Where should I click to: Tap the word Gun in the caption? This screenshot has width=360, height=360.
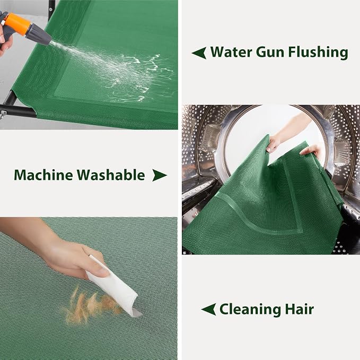point(270,52)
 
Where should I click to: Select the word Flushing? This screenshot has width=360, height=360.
point(318,52)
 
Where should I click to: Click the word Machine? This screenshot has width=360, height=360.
point(43,175)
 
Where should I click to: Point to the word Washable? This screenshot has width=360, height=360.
point(111,175)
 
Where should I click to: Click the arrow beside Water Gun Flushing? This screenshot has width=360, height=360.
point(199,53)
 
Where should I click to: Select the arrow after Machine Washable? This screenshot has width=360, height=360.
point(160,175)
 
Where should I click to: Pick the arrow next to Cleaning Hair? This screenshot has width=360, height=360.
point(208,309)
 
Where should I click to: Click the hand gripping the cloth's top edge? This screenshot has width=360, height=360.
point(275,142)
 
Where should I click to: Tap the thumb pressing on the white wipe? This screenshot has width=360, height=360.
point(99,271)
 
